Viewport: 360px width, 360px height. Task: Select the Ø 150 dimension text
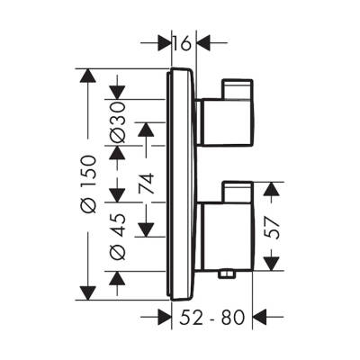(87, 184)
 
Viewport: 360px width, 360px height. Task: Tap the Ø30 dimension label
(117, 121)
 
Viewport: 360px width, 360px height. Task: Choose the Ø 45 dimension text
(117, 239)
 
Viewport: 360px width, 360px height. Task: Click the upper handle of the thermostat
(225, 112)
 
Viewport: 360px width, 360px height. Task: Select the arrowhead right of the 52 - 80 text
(261, 316)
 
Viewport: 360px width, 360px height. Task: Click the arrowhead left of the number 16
(163, 41)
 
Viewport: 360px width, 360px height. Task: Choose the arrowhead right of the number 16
(202, 41)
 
